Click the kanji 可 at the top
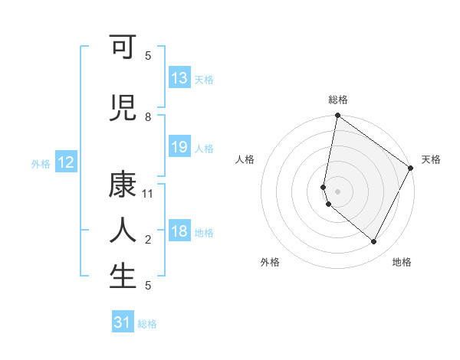pyautogui.click(x=123, y=48)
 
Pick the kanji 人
pyautogui.click(x=123, y=231)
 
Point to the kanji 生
pyautogui.click(x=123, y=276)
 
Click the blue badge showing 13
pyautogui.click(x=179, y=78)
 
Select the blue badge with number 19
pyautogui.click(x=179, y=147)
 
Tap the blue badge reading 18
pyautogui.click(x=179, y=232)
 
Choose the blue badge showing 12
pyautogui.click(x=66, y=162)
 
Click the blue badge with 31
pyautogui.click(x=123, y=322)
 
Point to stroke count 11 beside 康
pyautogui.click(x=148, y=194)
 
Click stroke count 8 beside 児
pyautogui.click(x=148, y=116)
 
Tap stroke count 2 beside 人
pyautogui.click(x=148, y=240)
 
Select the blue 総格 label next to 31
pyautogui.click(x=147, y=324)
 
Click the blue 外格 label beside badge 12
pyautogui.click(x=41, y=163)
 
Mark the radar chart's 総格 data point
pyautogui.click(x=337, y=116)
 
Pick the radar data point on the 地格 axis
pyautogui.click(x=373, y=242)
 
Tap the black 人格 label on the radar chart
pyautogui.click(x=245, y=159)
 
